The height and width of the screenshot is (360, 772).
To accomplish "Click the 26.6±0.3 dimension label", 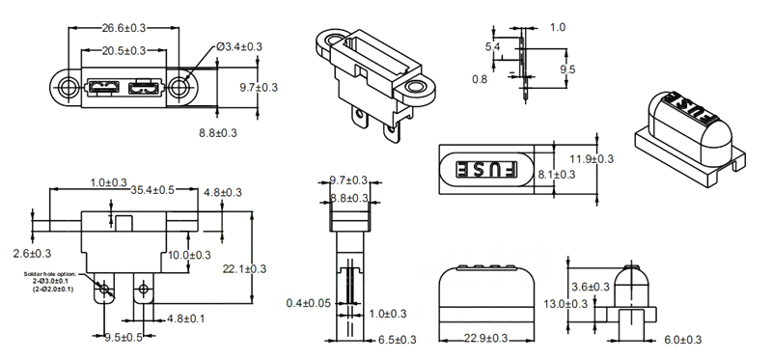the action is pos(124,28).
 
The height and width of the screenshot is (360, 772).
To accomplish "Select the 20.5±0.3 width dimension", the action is pos(124,50).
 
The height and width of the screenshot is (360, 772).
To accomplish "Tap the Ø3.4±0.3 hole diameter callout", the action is pos(239,46).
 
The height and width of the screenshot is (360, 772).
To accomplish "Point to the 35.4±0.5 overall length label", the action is pos(152,190).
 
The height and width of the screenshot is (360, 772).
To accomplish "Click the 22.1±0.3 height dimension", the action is pos(245,269).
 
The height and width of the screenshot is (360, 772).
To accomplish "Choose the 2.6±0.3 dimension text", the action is pos(32,254).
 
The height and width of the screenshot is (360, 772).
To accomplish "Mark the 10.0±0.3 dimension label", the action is pos(189,255).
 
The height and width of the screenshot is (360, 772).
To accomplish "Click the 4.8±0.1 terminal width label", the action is pos(186,319).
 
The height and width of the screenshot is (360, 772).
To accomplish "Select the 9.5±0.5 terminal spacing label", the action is pos(124,338).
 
